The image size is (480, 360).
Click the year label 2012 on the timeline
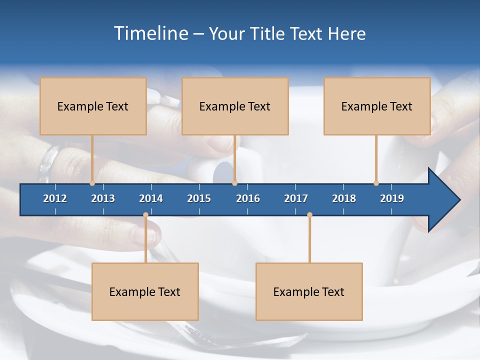pyautogui.click(x=55, y=198)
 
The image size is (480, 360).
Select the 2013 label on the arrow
pyautogui.click(x=103, y=198)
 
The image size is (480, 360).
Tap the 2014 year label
pyautogui.click(x=151, y=198)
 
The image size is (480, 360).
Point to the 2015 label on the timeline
pyautogui.click(x=199, y=198)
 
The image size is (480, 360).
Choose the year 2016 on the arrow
pyautogui.click(x=248, y=198)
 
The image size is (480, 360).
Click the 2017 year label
pyautogui.click(x=296, y=198)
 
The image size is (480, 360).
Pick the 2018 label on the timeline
pyautogui.click(x=344, y=198)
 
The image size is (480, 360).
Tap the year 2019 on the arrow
pyautogui.click(x=392, y=198)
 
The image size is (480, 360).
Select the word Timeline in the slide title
pyautogui.click(x=149, y=33)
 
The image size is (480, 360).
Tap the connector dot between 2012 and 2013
pyautogui.click(x=92, y=183)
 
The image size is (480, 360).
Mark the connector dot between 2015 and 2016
pyautogui.click(x=234, y=183)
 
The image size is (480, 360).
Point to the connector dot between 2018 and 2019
pyautogui.click(x=376, y=183)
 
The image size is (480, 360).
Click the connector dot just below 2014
pyautogui.click(x=145, y=215)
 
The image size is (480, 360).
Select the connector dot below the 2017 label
pyautogui.click(x=309, y=215)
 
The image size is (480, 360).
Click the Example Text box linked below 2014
pyautogui.click(x=145, y=291)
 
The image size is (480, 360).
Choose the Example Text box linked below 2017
pyautogui.click(x=309, y=291)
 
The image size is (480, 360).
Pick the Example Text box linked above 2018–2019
pyautogui.click(x=377, y=106)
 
